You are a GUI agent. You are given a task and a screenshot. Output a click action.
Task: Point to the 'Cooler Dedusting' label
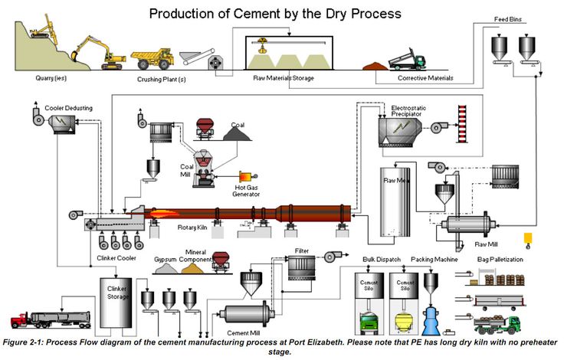pos(67,109)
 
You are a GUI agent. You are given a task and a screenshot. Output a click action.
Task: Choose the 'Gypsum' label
pos(167,260)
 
